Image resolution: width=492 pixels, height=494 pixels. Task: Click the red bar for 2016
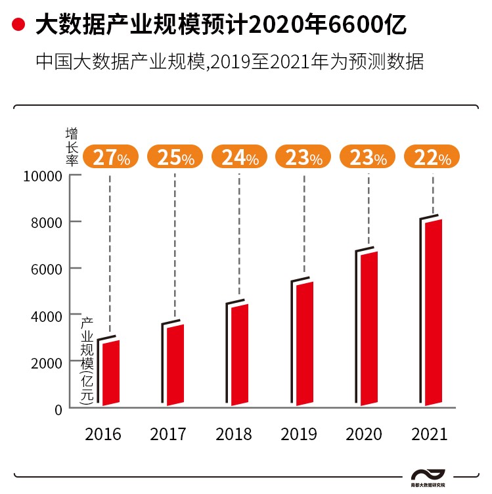[x=110, y=373]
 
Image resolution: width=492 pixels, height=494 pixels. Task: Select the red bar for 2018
[x=239, y=355]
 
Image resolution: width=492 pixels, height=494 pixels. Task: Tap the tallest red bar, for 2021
[x=433, y=311]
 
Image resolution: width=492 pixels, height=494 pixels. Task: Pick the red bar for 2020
[x=369, y=328]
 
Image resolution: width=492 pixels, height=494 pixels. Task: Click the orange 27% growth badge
[x=111, y=158]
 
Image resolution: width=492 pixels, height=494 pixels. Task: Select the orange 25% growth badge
[x=175, y=158]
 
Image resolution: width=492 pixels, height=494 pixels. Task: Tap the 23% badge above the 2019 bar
[x=303, y=158]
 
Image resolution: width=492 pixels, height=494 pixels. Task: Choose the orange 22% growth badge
[x=432, y=158]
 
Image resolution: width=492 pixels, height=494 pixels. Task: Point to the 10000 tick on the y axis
[x=43, y=176]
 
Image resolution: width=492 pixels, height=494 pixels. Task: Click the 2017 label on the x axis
[x=168, y=434]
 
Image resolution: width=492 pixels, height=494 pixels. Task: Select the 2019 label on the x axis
[x=298, y=434]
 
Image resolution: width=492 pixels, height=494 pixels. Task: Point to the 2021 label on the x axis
[x=428, y=434]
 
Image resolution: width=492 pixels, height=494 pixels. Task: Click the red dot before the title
[x=19, y=26]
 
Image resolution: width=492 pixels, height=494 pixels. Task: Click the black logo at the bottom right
[x=428, y=476]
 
